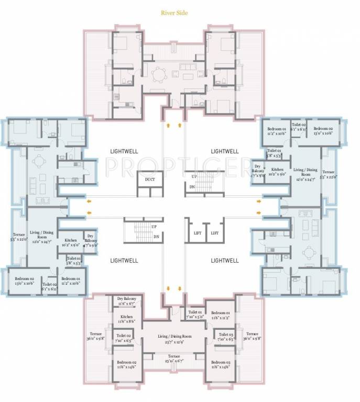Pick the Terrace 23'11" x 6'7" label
coord(173,359)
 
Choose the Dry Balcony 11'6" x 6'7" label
coord(126,300)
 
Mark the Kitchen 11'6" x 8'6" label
coord(126,319)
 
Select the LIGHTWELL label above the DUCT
coord(124,151)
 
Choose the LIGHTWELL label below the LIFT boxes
coord(224,260)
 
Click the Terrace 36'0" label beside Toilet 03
coord(252,337)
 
